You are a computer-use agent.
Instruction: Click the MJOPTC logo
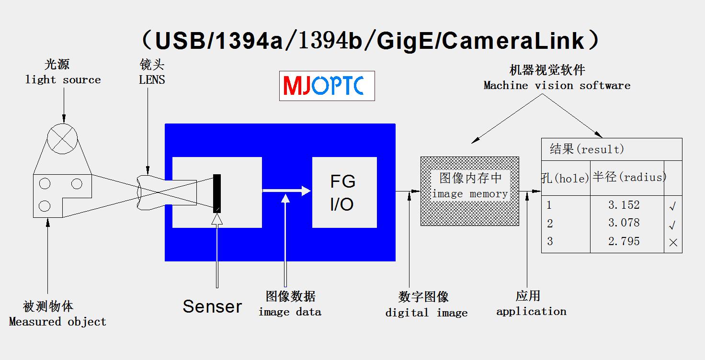tap(327, 86)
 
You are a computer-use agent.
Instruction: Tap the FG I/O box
tap(344, 192)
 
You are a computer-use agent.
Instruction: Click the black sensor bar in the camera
tap(217, 193)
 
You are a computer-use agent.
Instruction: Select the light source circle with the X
tap(62, 139)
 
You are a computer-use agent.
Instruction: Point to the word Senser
tap(212, 306)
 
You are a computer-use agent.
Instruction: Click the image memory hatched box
tap(469, 191)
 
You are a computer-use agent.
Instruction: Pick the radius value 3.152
tap(624, 205)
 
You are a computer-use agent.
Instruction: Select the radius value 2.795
tap(624, 241)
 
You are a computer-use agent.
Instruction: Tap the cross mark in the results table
tap(673, 243)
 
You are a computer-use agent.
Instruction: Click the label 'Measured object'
tap(57, 322)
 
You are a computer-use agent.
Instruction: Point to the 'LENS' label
tap(152, 80)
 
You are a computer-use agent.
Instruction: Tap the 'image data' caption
tap(290, 312)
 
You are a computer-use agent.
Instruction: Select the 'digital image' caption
tap(426, 313)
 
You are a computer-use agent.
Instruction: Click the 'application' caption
tap(531, 312)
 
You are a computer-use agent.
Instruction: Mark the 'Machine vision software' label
tap(557, 86)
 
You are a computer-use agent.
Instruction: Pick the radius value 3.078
tap(624, 223)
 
